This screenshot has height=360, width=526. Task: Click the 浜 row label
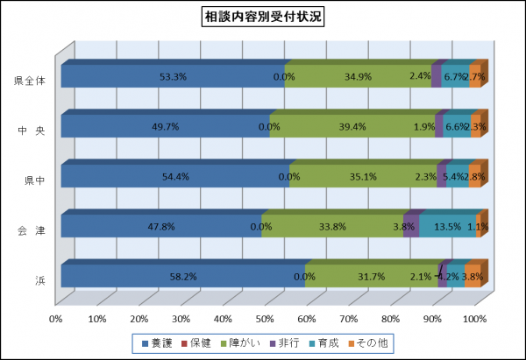40,280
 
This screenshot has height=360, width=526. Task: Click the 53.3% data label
173,76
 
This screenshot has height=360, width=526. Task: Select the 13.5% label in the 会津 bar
447,227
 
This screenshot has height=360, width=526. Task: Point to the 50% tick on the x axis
266,318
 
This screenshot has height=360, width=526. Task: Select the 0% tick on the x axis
57,318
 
